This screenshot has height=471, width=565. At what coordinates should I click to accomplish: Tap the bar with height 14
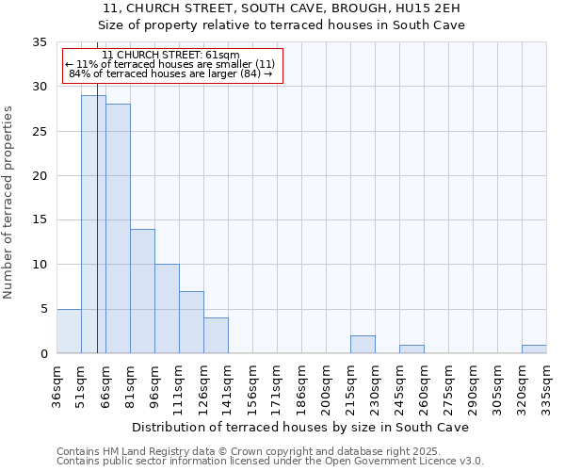tap(142, 291)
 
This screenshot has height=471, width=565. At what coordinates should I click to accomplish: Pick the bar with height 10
tap(167, 309)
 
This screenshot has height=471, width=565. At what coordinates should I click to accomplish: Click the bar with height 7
tap(191, 322)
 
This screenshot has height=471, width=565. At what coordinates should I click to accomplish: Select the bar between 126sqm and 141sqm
tap(216, 335)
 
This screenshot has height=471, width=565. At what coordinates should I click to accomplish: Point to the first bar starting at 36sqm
tap(69, 332)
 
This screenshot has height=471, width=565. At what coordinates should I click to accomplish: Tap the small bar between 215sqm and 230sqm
tap(363, 345)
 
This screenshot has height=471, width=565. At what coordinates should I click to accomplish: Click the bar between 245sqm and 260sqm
tap(412, 349)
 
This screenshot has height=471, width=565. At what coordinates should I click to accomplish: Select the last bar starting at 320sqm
tap(534, 349)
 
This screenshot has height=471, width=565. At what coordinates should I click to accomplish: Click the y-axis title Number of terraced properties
tap(9, 203)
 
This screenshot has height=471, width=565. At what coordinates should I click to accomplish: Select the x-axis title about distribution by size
tap(300, 427)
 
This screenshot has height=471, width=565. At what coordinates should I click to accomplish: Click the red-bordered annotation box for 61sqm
tap(171, 65)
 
